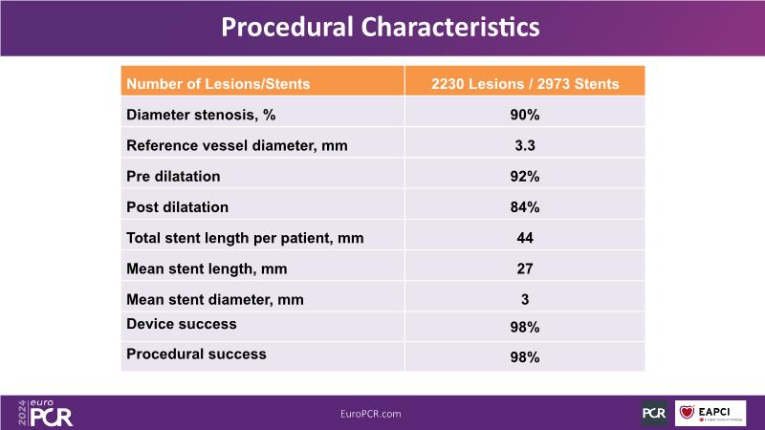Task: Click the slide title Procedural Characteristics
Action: click(381, 27)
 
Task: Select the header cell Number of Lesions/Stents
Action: click(218, 84)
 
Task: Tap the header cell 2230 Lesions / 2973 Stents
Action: click(525, 84)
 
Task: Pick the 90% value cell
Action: click(525, 115)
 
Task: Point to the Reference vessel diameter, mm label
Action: click(236, 145)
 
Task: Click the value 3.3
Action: click(525, 145)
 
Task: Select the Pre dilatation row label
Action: click(173, 176)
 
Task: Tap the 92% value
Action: click(525, 176)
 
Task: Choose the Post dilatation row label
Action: click(177, 206)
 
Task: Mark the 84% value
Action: click(525, 206)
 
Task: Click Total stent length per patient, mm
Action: click(245, 237)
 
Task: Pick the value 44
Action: click(525, 237)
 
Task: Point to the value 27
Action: click(525, 269)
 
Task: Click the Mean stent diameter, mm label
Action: click(215, 299)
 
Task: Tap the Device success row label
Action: click(182, 324)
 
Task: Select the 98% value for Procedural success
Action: click(525, 357)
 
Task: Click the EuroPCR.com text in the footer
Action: click(370, 414)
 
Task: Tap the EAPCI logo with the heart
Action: click(710, 413)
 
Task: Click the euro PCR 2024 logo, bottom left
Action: click(46, 412)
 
